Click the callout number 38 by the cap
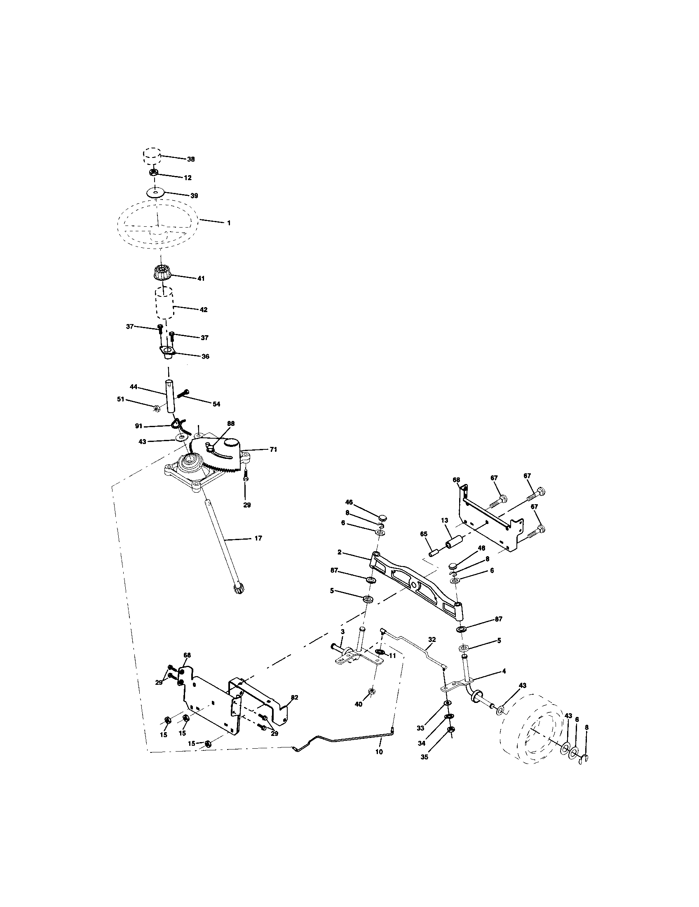(x=191, y=159)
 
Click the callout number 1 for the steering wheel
(x=228, y=223)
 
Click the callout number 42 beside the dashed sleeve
(x=203, y=310)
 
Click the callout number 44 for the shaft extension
(x=133, y=387)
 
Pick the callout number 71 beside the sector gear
(x=273, y=449)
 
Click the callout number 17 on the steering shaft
(x=258, y=538)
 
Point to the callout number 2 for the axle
(x=340, y=552)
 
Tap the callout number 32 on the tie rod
(x=432, y=640)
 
